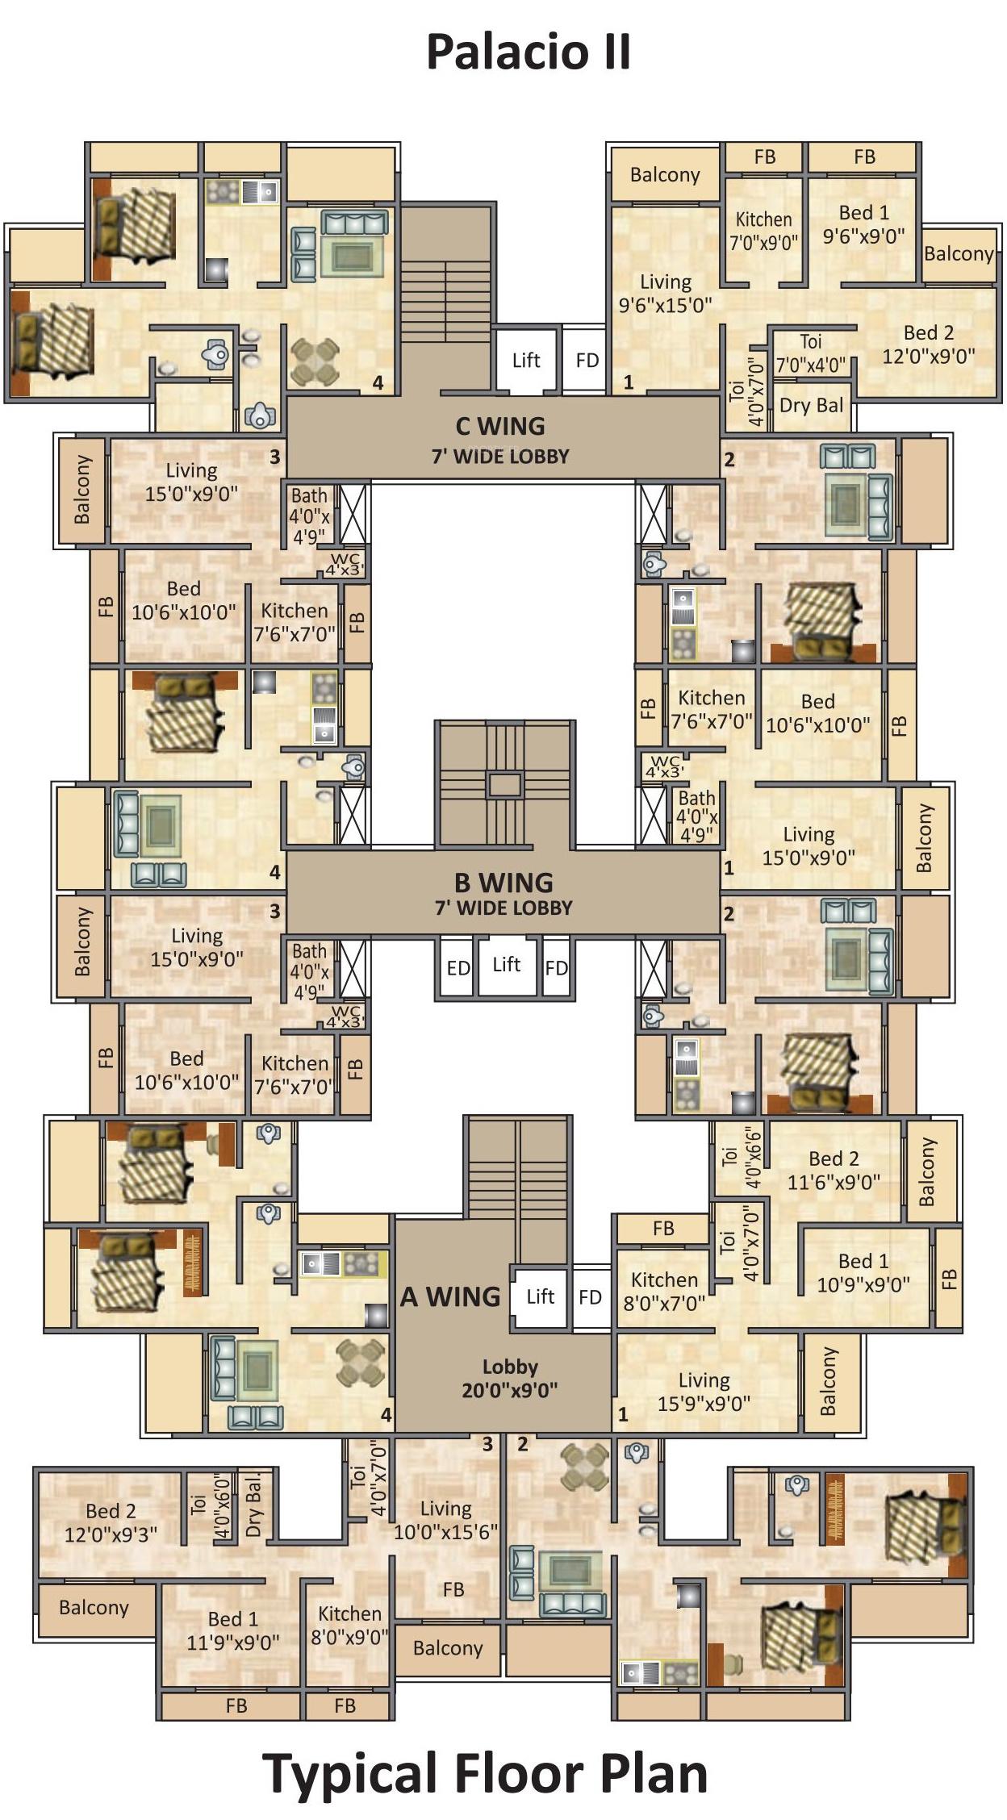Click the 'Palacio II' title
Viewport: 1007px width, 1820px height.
click(528, 52)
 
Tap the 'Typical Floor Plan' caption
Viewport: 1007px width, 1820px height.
click(485, 1773)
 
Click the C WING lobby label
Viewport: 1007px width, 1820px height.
click(500, 440)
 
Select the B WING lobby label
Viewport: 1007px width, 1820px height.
click(503, 894)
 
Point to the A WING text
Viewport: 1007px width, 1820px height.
click(450, 1296)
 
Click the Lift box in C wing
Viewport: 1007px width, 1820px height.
click(525, 361)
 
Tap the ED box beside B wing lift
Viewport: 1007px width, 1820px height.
click(458, 968)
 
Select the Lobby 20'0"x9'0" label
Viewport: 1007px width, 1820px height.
click(509, 1378)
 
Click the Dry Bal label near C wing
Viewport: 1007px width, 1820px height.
click(811, 405)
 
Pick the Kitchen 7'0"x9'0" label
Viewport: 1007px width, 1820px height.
click(763, 231)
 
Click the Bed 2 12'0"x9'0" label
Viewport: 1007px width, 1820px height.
click(928, 344)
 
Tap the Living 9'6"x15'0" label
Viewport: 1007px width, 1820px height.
click(665, 293)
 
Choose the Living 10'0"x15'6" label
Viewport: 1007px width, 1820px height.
click(445, 1520)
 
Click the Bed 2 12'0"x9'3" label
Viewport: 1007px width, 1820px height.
click(111, 1522)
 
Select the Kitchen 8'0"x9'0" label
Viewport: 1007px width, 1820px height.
click(349, 1625)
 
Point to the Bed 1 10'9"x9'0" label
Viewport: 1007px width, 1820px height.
click(863, 1272)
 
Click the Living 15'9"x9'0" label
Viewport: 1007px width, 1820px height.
click(704, 1392)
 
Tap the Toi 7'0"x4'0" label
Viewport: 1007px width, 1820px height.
click(810, 353)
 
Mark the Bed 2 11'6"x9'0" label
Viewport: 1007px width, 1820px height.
click(834, 1170)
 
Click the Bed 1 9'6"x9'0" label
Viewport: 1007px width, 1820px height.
click(863, 224)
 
